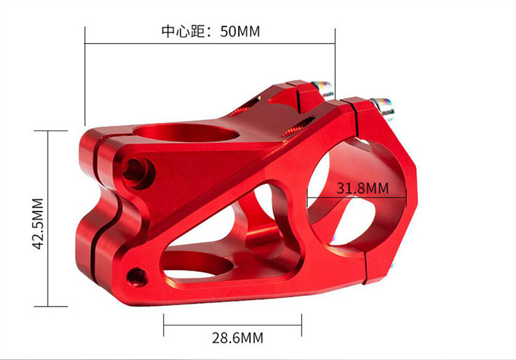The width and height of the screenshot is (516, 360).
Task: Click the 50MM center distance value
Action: (240, 31)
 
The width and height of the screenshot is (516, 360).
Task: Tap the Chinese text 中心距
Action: (181, 31)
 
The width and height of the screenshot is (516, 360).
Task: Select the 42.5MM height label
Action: (38, 224)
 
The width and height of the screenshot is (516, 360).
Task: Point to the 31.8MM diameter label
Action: (362, 188)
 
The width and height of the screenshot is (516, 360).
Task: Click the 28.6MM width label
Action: (237, 338)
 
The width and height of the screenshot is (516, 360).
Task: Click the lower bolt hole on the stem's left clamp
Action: (137, 277)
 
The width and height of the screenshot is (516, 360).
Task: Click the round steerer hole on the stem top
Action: (186, 132)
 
